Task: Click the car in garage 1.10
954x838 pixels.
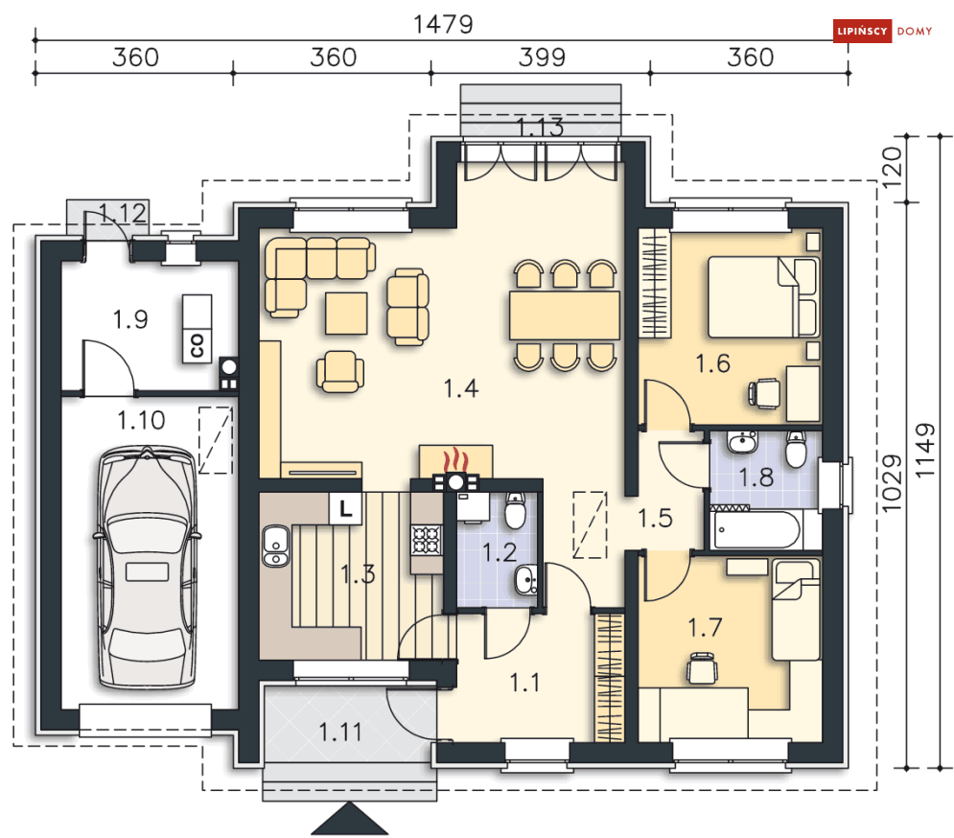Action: (x=147, y=568)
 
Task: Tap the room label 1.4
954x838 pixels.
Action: (x=460, y=388)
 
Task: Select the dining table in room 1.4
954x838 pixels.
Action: (x=564, y=315)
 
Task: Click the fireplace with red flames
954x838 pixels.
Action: (x=455, y=462)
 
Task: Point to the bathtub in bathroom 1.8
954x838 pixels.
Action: (x=756, y=530)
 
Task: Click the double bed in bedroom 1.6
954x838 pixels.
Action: (x=763, y=296)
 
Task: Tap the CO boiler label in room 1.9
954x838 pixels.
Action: (x=198, y=345)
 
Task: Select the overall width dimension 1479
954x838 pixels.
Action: (x=443, y=24)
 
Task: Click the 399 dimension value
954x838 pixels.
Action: (x=542, y=58)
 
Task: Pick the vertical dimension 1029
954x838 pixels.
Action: (x=892, y=484)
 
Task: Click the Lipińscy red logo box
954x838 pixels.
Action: (x=862, y=31)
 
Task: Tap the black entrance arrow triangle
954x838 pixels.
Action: (x=350, y=818)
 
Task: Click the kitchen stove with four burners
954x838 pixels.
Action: (x=426, y=540)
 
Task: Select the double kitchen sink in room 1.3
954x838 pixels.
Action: (x=275, y=546)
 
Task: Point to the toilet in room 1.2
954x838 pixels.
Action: (x=515, y=511)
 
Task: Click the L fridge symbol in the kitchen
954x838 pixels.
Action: (x=345, y=508)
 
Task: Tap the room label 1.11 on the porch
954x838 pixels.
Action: (x=340, y=733)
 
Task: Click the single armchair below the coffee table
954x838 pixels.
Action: (x=340, y=371)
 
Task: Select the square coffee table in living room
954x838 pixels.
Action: (x=346, y=314)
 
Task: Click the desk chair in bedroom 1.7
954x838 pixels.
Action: (x=702, y=668)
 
